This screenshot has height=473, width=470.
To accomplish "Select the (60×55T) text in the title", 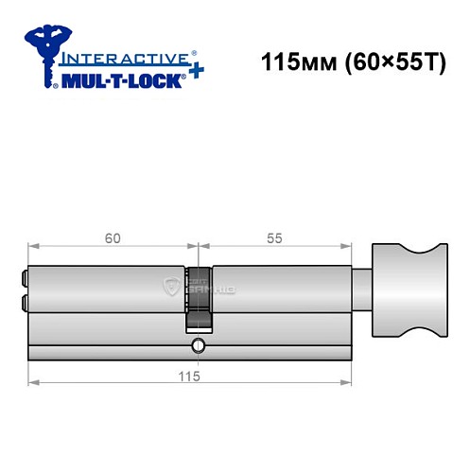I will point(383,65).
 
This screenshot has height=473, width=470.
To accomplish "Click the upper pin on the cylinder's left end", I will point(24,280).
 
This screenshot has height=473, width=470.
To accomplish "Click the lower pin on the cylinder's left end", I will point(24,303).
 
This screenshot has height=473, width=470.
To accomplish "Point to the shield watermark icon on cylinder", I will point(171,285).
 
